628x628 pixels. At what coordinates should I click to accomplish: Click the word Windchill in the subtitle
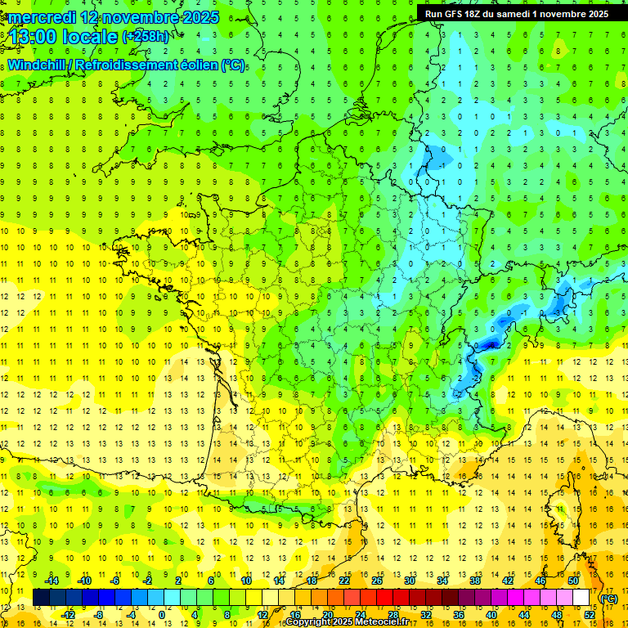36,65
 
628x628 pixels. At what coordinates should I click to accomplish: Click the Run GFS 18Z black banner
517,14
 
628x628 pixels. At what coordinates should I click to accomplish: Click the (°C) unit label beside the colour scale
608,599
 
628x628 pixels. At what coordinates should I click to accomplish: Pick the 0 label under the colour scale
162,615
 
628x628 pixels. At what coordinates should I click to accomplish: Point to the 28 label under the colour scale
392,615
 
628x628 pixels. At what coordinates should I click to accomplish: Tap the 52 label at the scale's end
590,615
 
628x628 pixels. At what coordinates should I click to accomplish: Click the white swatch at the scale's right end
581,598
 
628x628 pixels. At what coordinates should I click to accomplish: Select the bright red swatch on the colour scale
385,598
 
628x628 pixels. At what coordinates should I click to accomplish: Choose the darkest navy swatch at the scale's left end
41,598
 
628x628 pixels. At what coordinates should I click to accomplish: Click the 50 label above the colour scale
572,581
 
